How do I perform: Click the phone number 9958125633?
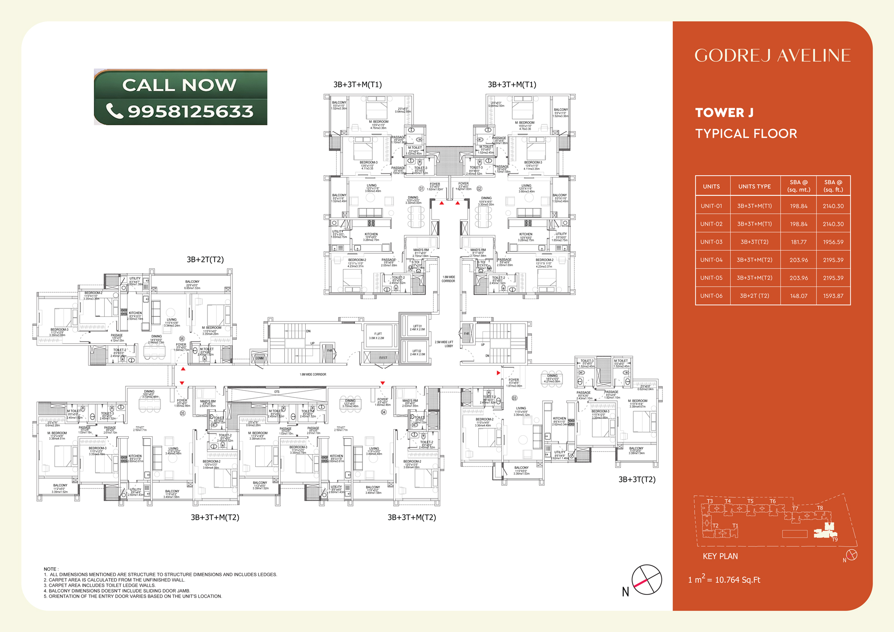(190, 111)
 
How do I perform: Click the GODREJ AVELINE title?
(772, 56)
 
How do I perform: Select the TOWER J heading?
(724, 113)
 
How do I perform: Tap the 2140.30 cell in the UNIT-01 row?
(833, 206)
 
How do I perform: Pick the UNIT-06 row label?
(711, 296)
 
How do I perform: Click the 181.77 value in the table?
(798, 242)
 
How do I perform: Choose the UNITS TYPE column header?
(755, 186)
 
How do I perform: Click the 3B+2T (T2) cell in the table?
(755, 296)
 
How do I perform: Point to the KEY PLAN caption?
(720, 556)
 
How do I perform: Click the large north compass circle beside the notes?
(646, 580)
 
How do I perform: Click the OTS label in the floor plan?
(277, 392)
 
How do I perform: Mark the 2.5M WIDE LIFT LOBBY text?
(444, 344)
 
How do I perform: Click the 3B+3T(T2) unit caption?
(637, 480)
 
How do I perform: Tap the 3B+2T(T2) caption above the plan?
(205, 260)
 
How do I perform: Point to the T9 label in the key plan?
(835, 539)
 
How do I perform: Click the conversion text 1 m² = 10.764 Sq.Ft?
(724, 580)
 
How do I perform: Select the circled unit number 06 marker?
(182, 339)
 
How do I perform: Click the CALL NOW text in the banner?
(179, 85)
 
